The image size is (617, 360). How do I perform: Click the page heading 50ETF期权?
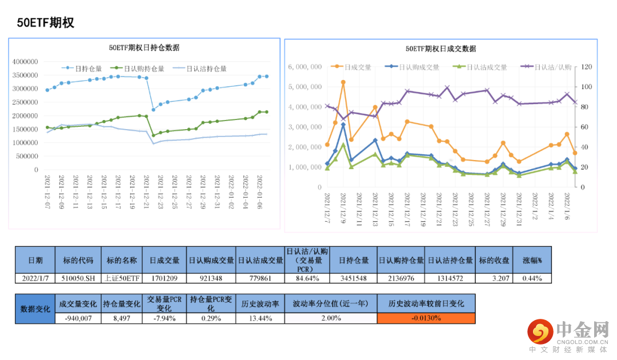coord(46,23)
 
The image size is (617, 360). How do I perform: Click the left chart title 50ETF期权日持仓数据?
coord(144,48)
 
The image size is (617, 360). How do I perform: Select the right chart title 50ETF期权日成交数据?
coord(440,49)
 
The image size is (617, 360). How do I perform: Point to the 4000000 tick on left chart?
coord(25,62)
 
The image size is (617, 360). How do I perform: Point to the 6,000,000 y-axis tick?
coord(306,67)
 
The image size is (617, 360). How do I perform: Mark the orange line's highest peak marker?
coord(343,82)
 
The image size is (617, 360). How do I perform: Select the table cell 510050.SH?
coord(78,278)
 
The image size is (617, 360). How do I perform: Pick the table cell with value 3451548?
coord(354,278)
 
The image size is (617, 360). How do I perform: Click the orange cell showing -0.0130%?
coord(426,318)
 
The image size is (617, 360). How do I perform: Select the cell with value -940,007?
coord(78,318)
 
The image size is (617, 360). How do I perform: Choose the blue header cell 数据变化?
coord(35,309)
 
